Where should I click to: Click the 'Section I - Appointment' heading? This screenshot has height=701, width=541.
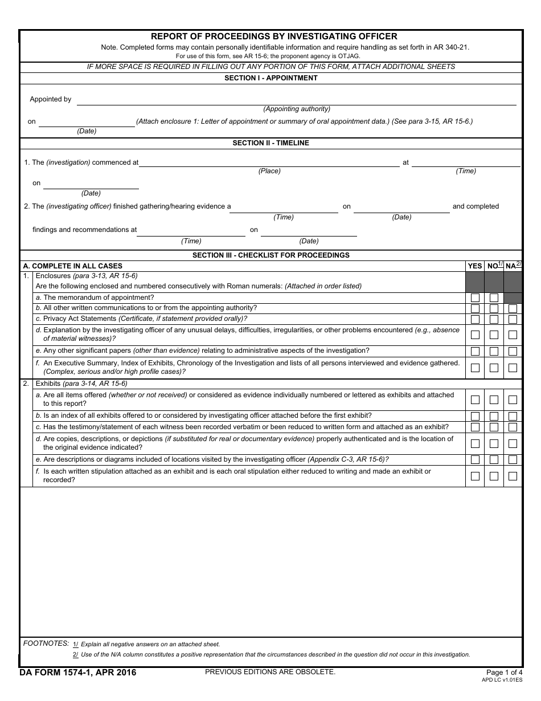270,78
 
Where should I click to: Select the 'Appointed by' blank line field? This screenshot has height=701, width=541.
296,100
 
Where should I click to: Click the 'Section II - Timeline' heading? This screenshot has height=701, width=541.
270,143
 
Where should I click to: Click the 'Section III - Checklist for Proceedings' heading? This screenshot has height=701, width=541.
270,255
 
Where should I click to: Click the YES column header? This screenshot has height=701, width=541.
474,266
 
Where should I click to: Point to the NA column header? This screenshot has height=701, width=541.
513,266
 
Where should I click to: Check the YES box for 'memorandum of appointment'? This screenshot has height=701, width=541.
475,298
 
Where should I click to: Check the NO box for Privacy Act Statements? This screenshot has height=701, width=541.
494,320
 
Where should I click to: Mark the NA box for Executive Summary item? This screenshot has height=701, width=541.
513,368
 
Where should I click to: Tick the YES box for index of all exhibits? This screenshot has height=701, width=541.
475,417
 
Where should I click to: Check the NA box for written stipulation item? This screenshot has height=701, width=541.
513,476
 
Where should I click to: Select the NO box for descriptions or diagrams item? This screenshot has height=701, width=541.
494,460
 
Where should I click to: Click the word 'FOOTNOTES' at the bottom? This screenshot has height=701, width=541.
46,643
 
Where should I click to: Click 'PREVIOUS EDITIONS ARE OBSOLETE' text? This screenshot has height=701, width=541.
270,672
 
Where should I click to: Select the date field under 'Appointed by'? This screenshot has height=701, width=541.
87,122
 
